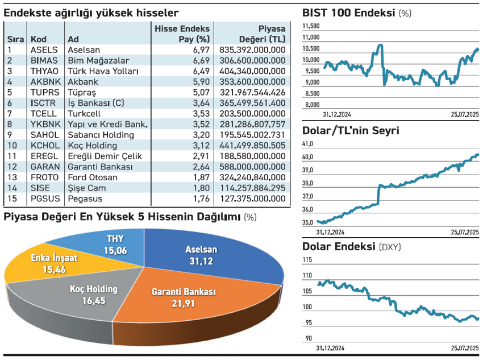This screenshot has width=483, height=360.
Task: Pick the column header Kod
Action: click(x=39, y=39)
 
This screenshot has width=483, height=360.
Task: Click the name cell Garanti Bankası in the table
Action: click(x=100, y=167)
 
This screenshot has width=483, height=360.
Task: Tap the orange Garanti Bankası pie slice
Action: click(x=182, y=296)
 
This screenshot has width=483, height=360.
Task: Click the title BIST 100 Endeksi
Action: click(x=348, y=13)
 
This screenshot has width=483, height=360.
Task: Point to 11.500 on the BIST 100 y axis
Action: click(x=311, y=26)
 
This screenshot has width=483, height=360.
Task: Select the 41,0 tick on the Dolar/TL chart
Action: click(x=309, y=144)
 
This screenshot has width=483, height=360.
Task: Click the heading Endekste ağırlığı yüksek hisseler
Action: click(x=91, y=13)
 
